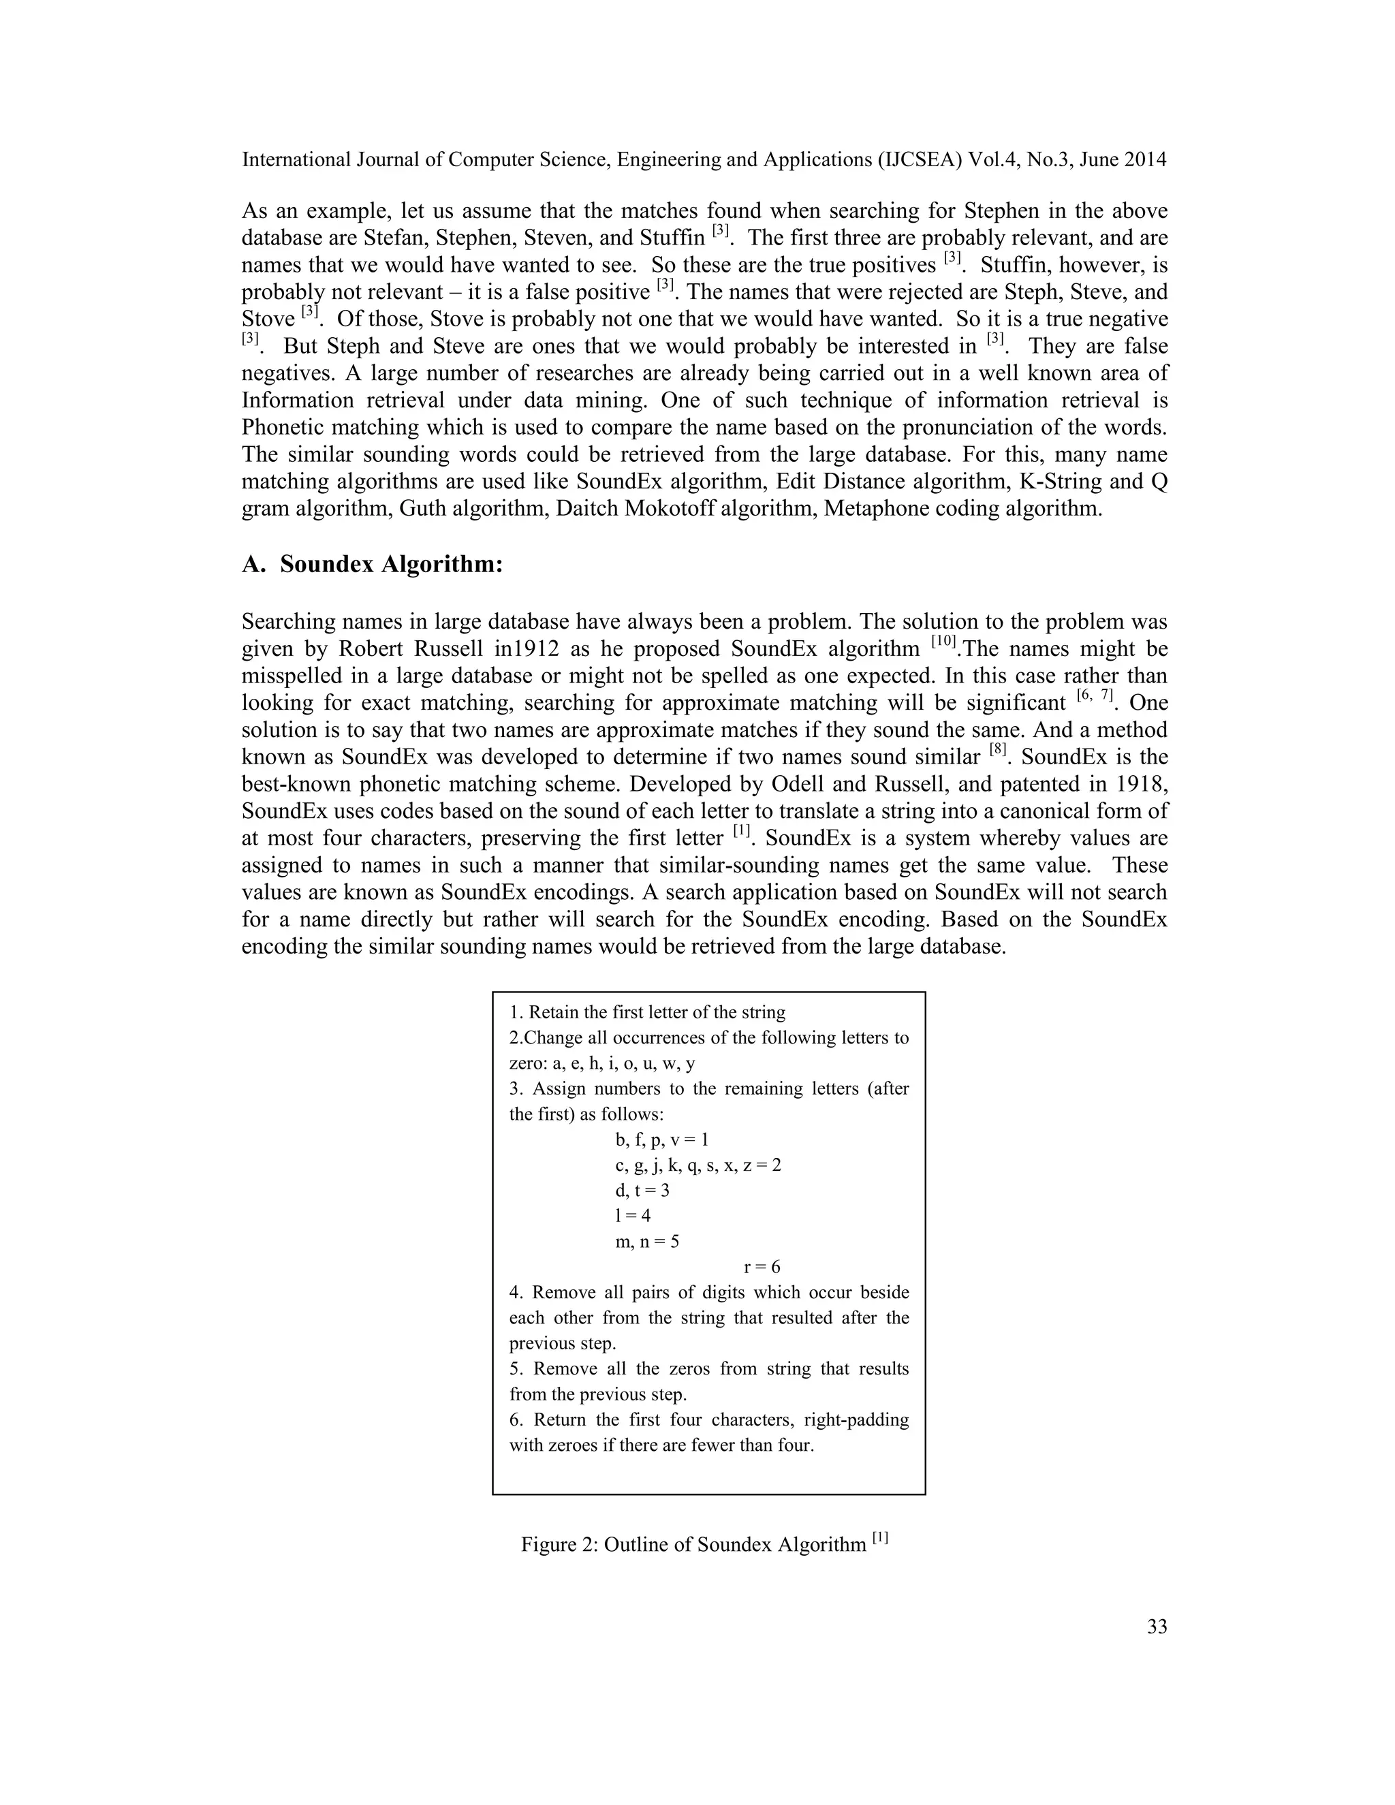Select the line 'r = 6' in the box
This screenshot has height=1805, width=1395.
tap(762, 1267)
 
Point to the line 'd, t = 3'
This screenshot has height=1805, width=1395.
tap(642, 1190)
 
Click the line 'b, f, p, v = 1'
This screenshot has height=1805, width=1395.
tap(661, 1140)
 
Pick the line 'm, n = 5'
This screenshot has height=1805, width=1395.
tap(647, 1241)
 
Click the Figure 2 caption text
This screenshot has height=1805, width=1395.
tap(703, 1544)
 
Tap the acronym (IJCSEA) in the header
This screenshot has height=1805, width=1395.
tap(915, 159)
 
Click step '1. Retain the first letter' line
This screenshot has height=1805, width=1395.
tap(647, 1012)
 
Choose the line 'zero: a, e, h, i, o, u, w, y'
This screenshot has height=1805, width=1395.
tap(601, 1064)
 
